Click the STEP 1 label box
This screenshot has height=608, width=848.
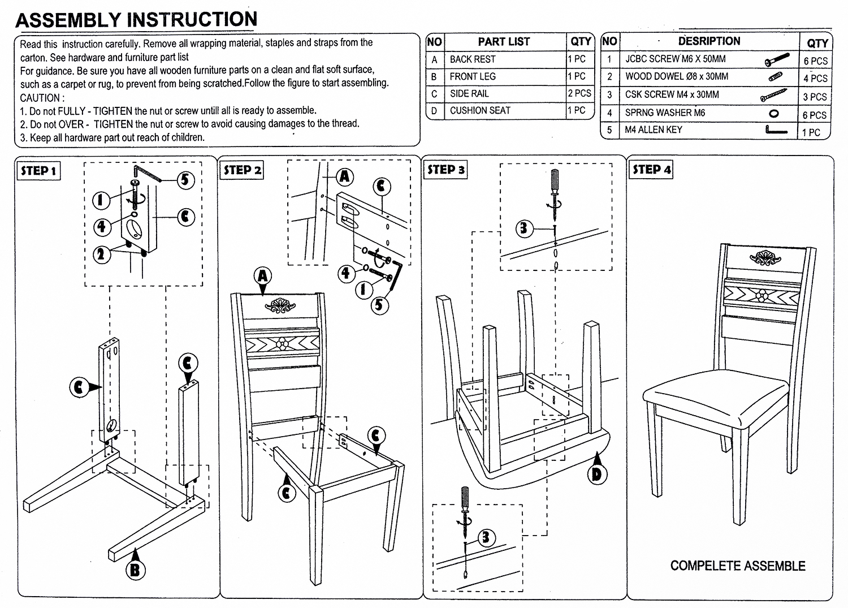39,171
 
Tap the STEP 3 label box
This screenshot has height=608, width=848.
445,170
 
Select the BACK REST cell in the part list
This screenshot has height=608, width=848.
473,59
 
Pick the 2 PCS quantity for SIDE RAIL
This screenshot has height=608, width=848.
579,93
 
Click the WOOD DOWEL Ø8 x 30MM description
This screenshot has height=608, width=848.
676,76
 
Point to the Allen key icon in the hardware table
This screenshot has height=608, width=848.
776,131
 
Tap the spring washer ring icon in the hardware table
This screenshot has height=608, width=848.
775,113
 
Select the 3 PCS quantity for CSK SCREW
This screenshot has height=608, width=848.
815,97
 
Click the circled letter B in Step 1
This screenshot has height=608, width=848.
135,569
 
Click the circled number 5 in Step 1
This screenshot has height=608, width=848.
185,180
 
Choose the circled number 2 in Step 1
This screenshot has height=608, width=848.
102,254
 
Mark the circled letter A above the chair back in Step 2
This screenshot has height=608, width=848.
263,277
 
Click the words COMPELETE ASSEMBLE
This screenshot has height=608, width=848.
737,566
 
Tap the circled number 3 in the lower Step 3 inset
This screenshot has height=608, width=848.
486,537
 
